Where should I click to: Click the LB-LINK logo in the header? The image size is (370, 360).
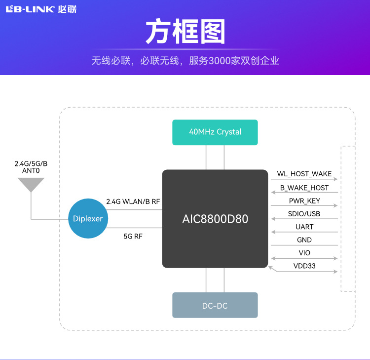41,9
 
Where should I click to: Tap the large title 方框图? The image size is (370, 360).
185,33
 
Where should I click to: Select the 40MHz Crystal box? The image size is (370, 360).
215,132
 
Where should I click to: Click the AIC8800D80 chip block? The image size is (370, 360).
215,219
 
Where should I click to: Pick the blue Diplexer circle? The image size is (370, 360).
88,219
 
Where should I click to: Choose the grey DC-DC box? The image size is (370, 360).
215,305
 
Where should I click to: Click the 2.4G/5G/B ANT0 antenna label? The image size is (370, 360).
31,167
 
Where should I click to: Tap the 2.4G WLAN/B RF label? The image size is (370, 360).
133,201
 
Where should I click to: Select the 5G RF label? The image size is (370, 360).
133,236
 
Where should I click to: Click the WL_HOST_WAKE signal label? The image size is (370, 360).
304,174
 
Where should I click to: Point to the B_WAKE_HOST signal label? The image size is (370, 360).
304,188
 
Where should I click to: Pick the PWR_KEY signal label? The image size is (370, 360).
304,201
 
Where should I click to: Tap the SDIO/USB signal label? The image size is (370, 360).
304,214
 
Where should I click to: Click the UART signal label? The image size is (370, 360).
304,227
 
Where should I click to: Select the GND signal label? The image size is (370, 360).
304,240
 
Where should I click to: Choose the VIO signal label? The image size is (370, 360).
304,253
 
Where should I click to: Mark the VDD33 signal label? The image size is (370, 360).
304,266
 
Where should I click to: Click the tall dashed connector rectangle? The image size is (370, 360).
348,219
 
